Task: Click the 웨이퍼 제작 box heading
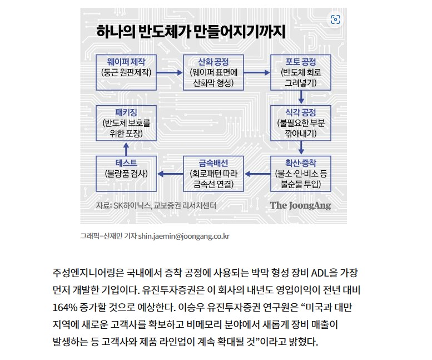coord(126,61)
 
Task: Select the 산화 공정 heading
coord(213,61)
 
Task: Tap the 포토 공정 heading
coord(301,61)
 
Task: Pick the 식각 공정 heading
coord(301,112)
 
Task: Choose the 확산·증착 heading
coord(301,163)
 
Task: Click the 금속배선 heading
coord(213,163)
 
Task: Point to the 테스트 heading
coord(126,163)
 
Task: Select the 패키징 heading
coord(126,112)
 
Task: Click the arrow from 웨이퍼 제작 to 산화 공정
coord(170,73)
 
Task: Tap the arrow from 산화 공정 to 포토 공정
coord(257,73)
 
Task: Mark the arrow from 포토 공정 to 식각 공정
coord(301,97)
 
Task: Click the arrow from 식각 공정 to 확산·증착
coord(301,148)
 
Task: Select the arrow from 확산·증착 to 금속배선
coord(257,174)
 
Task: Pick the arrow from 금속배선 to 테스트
coord(170,174)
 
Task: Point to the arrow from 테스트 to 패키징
coord(126,149)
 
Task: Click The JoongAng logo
coord(300,206)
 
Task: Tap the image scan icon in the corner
coord(335,19)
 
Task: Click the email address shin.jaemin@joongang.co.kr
coord(184,236)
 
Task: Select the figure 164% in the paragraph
coord(64,307)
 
